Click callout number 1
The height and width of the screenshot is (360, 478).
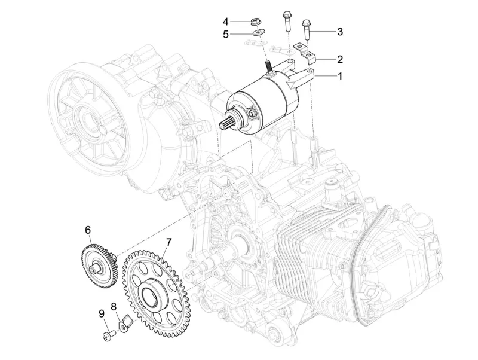[339, 76]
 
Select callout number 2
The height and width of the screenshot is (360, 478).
[339, 60]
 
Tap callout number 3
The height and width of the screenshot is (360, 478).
[339, 31]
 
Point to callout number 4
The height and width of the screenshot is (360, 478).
[226, 22]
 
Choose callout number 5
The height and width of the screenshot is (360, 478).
[226, 34]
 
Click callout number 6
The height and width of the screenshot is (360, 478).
[87, 229]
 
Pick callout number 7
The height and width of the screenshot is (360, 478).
[169, 243]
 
